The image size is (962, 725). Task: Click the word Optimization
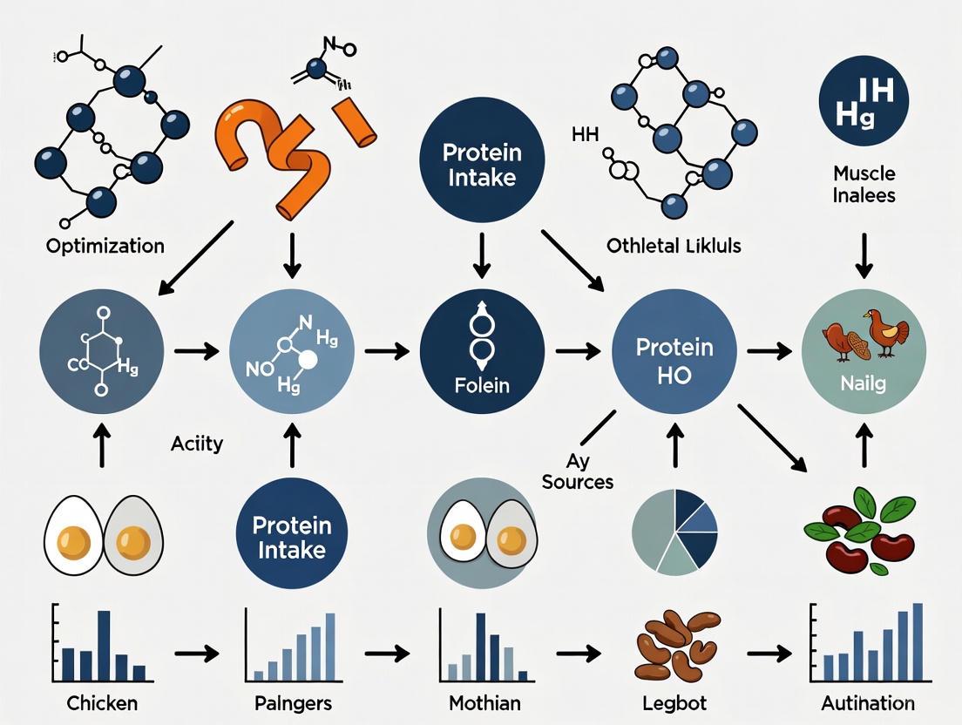(x=105, y=246)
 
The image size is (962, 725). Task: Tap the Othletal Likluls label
(x=674, y=246)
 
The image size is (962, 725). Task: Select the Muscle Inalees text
(x=864, y=185)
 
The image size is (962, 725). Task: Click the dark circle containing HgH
(x=864, y=102)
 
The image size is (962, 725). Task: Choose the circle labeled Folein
(x=482, y=352)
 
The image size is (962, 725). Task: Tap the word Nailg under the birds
(x=864, y=383)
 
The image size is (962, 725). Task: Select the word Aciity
(x=196, y=444)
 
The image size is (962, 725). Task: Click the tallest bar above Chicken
(x=104, y=645)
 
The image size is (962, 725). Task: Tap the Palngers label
(x=291, y=702)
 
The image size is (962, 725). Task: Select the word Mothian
(x=484, y=702)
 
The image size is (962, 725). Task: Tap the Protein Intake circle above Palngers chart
(x=291, y=538)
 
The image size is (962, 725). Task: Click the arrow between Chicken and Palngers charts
(x=196, y=653)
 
